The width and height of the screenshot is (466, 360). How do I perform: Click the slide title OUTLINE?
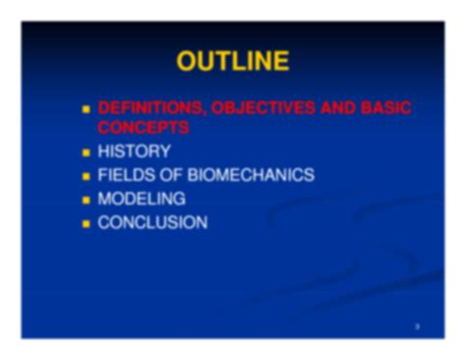[232, 62]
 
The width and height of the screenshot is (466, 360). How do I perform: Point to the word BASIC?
[385, 109]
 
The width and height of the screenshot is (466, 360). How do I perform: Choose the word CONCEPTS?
[143, 127]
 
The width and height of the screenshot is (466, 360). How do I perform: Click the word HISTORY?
[134, 151]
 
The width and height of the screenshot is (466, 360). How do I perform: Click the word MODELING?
[142, 199]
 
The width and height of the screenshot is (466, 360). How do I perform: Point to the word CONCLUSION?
[152, 223]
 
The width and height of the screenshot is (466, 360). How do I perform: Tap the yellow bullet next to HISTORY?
[87, 152]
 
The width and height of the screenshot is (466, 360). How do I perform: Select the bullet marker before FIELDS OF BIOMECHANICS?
[87, 176]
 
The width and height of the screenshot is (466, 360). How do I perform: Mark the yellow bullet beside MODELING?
[87, 200]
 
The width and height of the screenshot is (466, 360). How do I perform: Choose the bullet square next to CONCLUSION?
[87, 224]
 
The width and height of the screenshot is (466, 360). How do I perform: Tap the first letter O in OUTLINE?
[187, 62]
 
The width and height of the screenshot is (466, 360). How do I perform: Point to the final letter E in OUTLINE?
[281, 62]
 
